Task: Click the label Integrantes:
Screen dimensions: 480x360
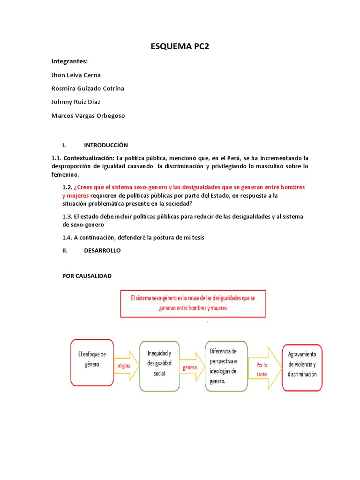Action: [x=69, y=61]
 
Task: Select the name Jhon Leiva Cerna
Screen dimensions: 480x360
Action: [x=76, y=75]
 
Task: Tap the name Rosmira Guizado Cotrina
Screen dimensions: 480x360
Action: [x=88, y=89]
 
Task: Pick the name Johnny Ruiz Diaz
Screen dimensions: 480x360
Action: [x=76, y=102]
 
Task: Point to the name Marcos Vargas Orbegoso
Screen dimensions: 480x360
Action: [x=88, y=115]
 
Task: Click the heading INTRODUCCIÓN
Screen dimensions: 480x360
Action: [x=106, y=145]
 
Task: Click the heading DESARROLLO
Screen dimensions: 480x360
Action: [x=102, y=251]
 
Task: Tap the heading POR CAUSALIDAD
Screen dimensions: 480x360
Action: [x=87, y=276]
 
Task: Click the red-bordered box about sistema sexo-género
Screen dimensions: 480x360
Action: [x=193, y=303]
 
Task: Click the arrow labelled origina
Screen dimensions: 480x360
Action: [x=124, y=365]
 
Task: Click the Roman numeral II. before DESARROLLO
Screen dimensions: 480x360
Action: [x=66, y=251]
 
